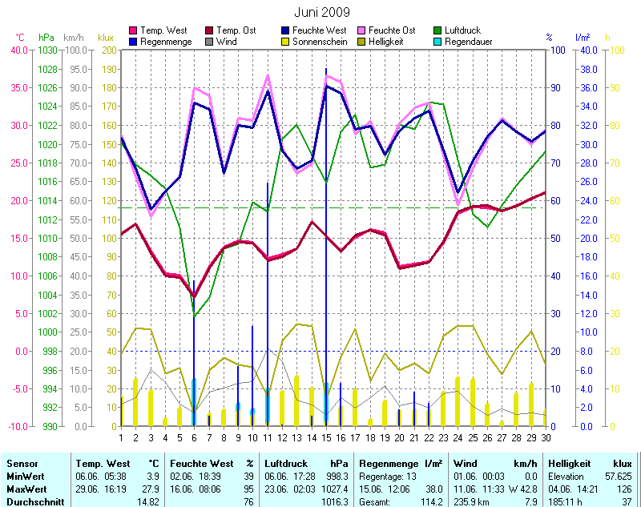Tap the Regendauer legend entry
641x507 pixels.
[x=468, y=42]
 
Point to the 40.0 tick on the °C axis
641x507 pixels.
[x=18, y=50]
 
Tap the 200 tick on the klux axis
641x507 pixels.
[x=107, y=50]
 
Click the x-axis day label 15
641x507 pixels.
[x=326, y=437]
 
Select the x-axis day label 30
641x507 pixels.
[x=546, y=437]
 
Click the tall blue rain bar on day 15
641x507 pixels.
[x=326, y=240]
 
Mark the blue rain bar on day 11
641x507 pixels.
[x=268, y=304]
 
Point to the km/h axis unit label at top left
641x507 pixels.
[x=73, y=38]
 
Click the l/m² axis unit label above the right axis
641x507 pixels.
[x=583, y=38]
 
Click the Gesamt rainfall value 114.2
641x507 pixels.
[x=429, y=501]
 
